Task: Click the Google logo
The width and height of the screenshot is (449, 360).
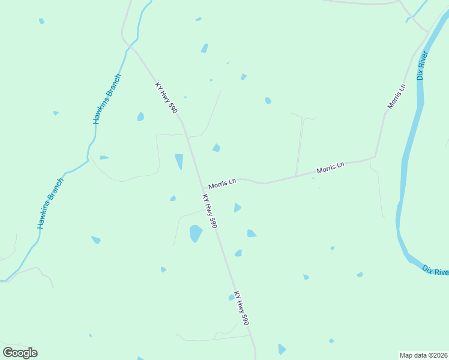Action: (20, 353)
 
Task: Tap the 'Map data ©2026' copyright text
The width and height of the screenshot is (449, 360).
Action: (423, 355)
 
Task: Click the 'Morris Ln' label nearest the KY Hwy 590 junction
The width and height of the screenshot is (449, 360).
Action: (222, 183)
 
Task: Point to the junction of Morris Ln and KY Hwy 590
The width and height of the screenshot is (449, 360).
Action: (203, 188)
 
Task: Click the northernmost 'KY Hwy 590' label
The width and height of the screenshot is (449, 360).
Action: (166, 98)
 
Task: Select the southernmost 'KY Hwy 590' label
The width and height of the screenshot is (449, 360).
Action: (241, 308)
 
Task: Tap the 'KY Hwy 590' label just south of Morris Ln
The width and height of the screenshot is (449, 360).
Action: (209, 211)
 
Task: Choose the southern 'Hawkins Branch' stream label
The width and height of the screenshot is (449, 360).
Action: (50, 203)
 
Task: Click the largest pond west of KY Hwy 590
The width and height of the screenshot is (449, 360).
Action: (196, 233)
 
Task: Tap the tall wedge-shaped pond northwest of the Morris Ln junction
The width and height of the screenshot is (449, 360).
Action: (179, 161)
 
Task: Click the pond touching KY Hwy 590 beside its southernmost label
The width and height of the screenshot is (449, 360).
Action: (232, 297)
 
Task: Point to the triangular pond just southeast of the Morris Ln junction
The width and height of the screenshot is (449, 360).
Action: (237, 208)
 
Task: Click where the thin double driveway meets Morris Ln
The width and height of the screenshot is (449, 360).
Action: (297, 175)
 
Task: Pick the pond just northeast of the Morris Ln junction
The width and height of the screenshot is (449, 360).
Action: (216, 148)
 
